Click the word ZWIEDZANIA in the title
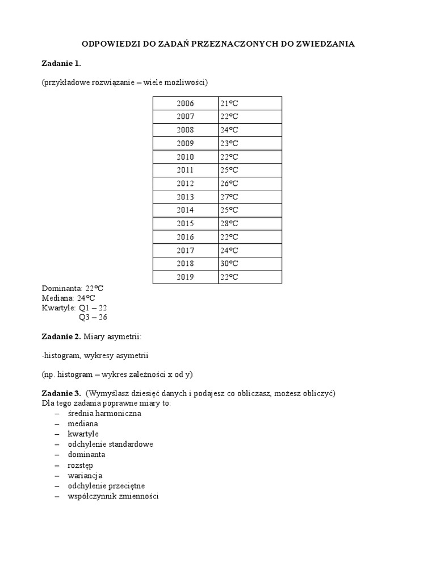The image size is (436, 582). [326, 44]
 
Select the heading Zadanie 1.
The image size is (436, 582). [61, 63]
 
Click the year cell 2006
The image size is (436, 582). [185, 103]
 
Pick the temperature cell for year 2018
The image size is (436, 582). [250, 264]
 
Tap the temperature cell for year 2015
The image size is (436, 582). [250, 223]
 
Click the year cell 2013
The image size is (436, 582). [185, 197]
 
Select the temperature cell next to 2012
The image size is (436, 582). [250, 184]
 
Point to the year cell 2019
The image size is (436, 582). [185, 277]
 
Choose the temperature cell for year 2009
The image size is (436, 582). [250, 143]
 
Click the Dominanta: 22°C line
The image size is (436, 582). [73, 288]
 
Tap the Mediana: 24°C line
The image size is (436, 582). [68, 298]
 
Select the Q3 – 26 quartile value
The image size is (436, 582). [93, 317]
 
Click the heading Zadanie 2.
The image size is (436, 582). [61, 337]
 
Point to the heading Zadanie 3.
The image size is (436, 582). [61, 393]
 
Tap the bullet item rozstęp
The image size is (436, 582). [80, 465]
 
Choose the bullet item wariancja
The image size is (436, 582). [85, 475]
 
